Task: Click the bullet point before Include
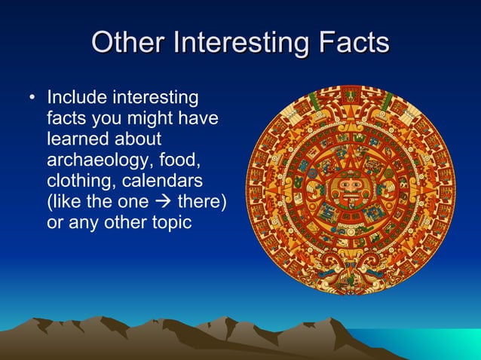[31, 99]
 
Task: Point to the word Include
[77, 99]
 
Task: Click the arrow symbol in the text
[164, 204]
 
